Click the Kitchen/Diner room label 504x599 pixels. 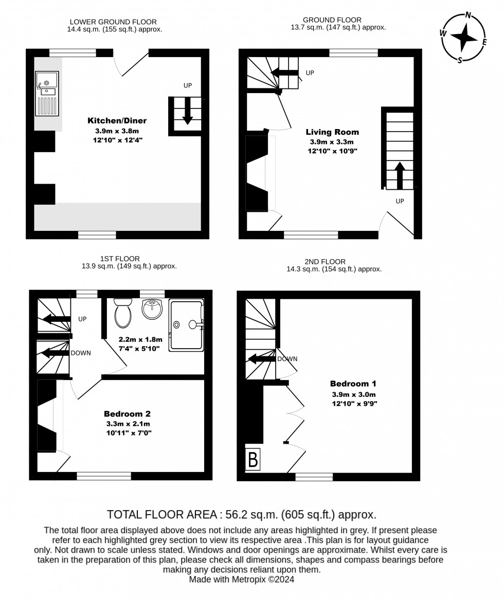click(117, 121)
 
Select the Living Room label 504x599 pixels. click(332, 132)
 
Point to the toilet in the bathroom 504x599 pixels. click(123, 313)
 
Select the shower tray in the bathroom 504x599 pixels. click(186, 324)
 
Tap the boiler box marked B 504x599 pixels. click(253, 459)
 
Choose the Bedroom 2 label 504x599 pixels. click(127, 413)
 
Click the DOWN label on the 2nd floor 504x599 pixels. click(287, 359)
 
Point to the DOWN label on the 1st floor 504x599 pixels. click(81, 353)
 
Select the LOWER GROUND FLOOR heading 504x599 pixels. click(113, 22)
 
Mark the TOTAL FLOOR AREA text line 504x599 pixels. click(241, 514)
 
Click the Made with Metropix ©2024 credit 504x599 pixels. click(241, 579)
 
